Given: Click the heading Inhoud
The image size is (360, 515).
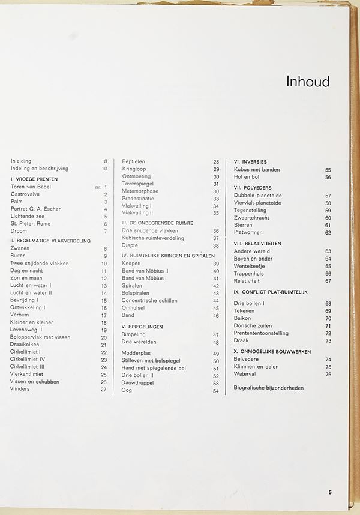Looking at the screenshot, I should point(308,82).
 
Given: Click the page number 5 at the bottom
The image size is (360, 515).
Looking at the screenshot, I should point(330,492).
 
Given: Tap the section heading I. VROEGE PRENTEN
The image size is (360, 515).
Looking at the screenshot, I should point(34,179).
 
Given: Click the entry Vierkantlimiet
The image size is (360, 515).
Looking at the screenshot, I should point(29,375).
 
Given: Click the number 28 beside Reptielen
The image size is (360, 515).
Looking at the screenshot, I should point(216,162).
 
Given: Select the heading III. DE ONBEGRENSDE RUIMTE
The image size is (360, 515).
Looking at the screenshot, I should point(157,223).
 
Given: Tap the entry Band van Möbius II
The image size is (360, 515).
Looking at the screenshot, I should point(145,271).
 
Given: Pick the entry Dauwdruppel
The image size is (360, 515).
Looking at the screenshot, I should point(137,383).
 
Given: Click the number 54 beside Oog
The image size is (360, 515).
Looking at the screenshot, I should point(216,391).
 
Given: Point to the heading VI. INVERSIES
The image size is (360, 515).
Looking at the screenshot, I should point(250,162).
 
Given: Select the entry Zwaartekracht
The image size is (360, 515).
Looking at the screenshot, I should point(253,218).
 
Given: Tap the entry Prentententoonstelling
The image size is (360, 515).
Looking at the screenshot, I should point(261,333).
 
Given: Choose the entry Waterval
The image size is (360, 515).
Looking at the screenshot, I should point(245,375).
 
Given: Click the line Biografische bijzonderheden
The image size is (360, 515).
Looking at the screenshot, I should point(268,388).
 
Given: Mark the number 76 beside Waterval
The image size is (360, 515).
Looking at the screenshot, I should point(328,375).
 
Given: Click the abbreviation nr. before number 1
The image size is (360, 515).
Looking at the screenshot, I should point(98,187).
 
